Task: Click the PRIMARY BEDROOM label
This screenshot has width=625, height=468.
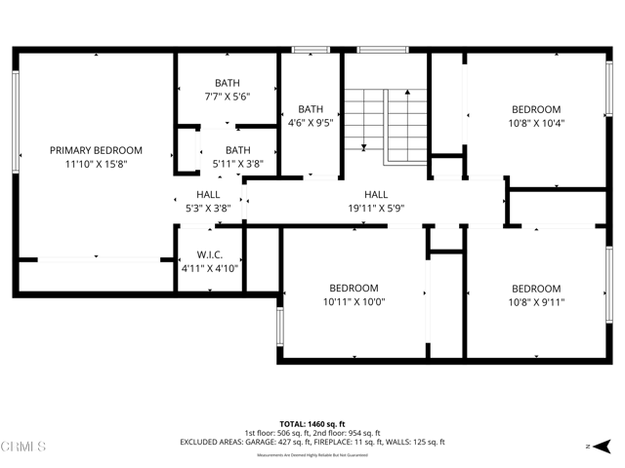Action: coord(96,150)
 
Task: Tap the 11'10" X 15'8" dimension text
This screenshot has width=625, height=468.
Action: coord(96,165)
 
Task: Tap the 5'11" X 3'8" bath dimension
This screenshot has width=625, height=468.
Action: coord(237,164)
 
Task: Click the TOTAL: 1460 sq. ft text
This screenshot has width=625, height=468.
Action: coord(312,424)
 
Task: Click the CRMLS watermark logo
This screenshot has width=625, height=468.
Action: coord(24,447)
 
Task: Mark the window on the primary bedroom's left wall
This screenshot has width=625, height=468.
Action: coord(17,123)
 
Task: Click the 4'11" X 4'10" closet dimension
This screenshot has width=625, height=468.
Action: coord(210,267)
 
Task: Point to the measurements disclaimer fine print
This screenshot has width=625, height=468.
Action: coord(312,454)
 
